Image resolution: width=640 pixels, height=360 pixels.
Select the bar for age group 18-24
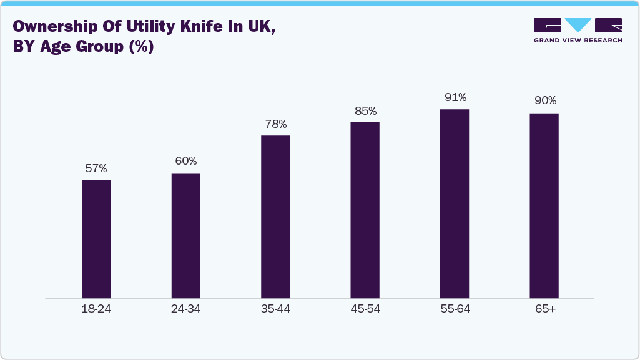[96, 239]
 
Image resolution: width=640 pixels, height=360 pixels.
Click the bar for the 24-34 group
[186, 236]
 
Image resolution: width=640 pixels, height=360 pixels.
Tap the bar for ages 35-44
[275, 216]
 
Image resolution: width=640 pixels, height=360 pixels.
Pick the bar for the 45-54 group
[365, 210]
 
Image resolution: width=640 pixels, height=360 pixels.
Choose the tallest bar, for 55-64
[455, 204]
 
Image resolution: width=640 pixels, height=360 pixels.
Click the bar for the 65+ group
[544, 206]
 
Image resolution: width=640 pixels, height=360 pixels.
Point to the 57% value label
[96, 168]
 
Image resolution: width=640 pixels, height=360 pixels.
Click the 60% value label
[186, 162]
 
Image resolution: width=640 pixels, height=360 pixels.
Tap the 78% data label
[275, 124]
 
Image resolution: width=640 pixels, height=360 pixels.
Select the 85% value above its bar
[365, 111]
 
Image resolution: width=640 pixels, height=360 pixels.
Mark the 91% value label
[455, 98]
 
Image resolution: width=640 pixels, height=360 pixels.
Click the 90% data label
[544, 101]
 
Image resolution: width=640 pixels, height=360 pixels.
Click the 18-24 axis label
[96, 309]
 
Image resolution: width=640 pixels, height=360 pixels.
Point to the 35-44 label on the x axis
[275, 309]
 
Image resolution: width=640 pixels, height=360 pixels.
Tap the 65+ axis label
[544, 309]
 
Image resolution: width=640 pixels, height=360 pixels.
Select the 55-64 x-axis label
[455, 309]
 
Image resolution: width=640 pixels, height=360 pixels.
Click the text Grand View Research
[578, 41]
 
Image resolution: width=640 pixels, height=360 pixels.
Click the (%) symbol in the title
[140, 47]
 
